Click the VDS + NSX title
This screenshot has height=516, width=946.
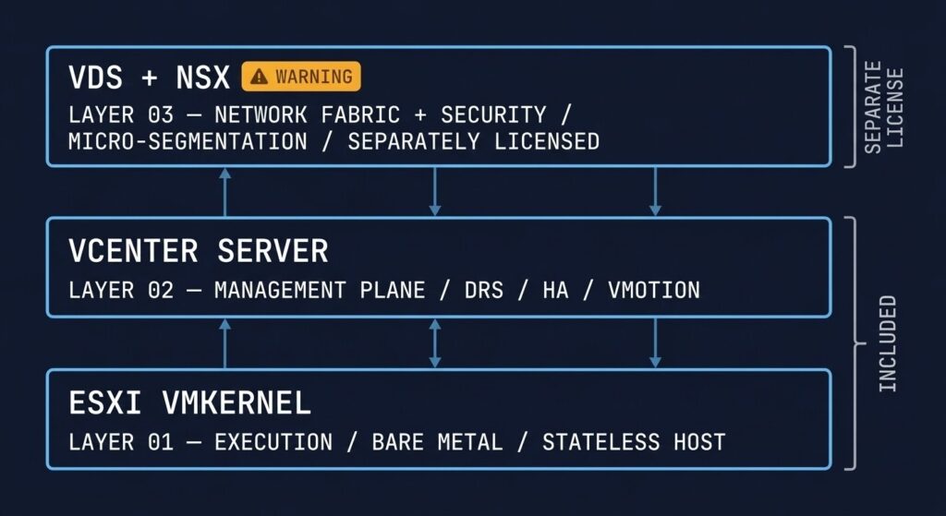[149, 78]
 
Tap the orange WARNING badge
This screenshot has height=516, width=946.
[301, 77]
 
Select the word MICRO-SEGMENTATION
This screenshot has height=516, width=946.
[188, 141]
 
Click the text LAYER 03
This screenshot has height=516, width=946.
[121, 115]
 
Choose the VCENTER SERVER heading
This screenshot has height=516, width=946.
[198, 250]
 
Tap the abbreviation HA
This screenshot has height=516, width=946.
[555, 290]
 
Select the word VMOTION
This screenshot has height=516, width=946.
[653, 290]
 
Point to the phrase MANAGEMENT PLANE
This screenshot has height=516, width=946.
[320, 290]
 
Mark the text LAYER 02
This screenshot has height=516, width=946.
[121, 290]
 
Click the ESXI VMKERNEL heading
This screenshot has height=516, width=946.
[189, 402]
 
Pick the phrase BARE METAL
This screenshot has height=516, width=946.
[437, 441]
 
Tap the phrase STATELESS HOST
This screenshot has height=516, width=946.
[633, 441]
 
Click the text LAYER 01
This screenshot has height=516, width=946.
[121, 441]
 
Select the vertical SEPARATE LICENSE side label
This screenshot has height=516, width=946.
[882, 108]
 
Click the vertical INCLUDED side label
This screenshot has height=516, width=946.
[888, 343]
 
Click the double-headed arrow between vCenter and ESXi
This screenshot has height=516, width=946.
[435, 343]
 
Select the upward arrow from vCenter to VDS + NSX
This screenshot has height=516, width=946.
[224, 192]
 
